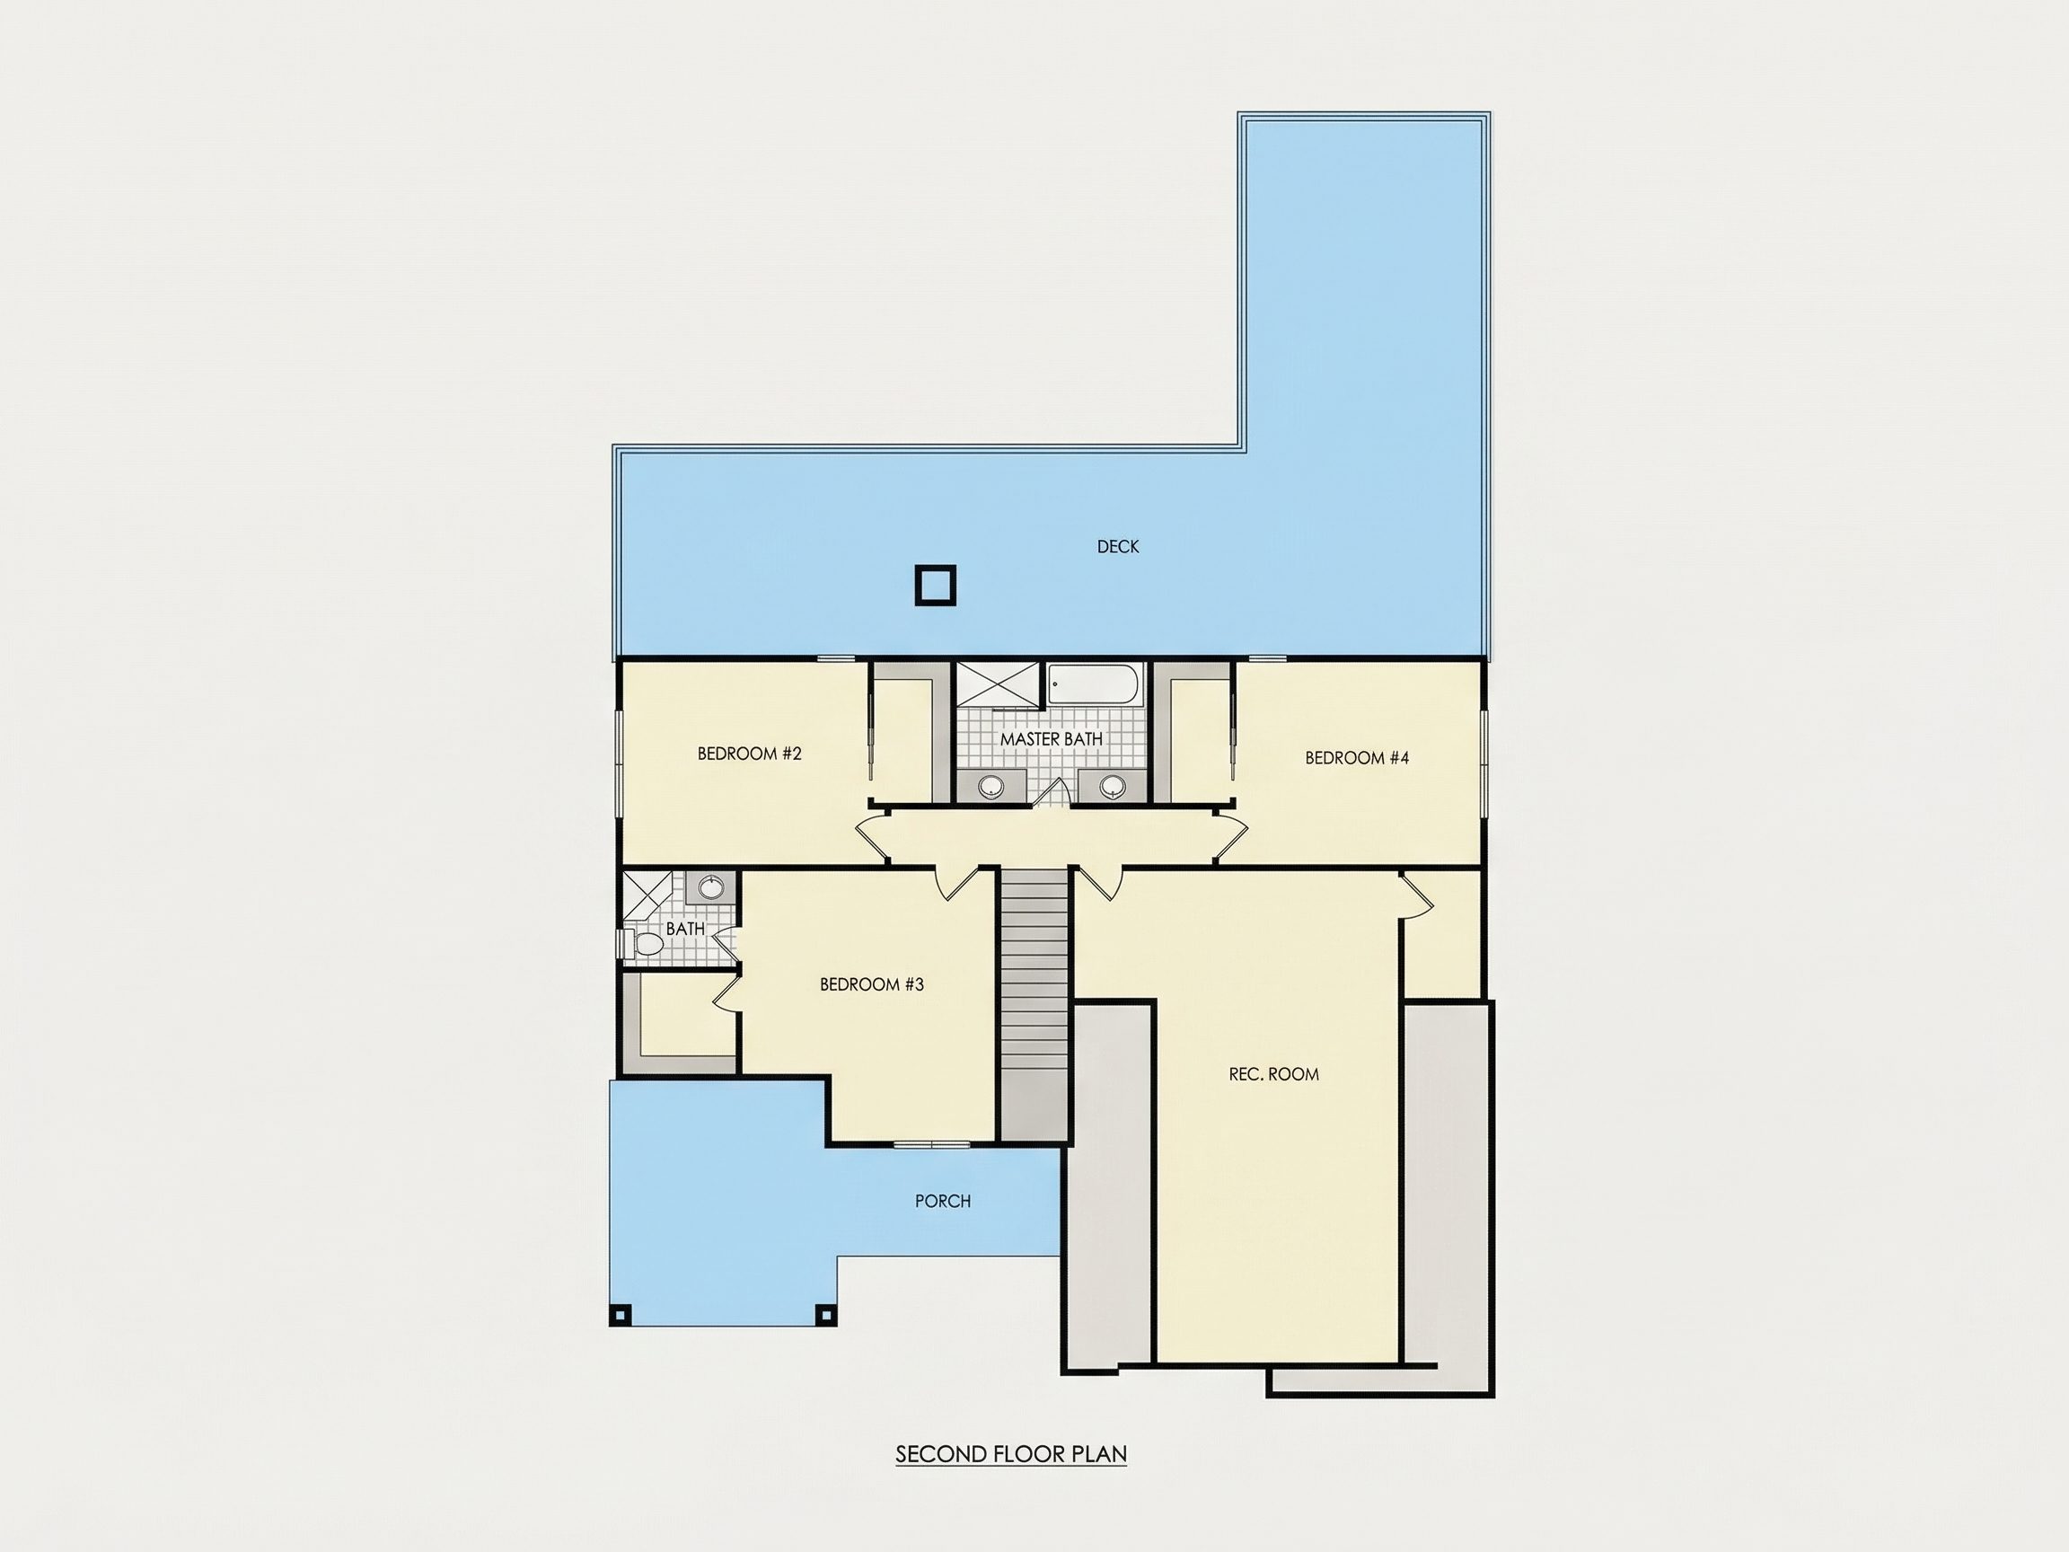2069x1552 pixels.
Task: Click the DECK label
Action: (x=1118, y=546)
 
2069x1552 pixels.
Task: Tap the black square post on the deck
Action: (x=936, y=586)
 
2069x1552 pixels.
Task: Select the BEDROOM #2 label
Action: (x=749, y=753)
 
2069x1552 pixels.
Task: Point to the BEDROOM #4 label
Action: (x=1356, y=758)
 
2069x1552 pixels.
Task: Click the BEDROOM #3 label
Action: (x=872, y=984)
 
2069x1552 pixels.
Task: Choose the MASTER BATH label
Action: (x=1052, y=739)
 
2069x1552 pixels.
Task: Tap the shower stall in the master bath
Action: (x=998, y=683)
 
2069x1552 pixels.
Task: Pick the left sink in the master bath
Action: (x=990, y=787)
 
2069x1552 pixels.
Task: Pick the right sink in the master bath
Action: (x=1112, y=787)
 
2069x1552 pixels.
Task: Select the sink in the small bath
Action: (x=711, y=886)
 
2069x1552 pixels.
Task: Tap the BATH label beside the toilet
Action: (x=684, y=929)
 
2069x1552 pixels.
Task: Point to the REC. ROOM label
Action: (x=1274, y=1074)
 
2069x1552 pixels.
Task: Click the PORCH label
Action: (x=943, y=1201)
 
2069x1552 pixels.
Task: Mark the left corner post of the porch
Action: (x=621, y=1315)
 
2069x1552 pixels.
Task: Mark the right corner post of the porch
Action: (x=825, y=1315)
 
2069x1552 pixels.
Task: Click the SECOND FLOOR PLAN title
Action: (x=1011, y=1454)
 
